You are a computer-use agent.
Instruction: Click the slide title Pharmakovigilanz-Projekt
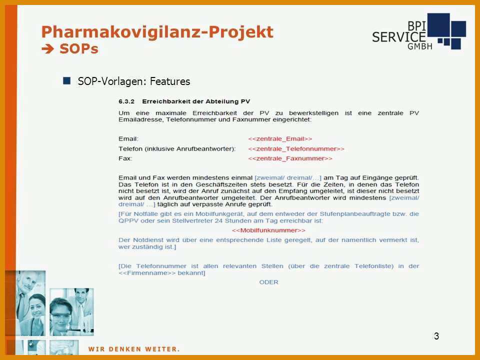157,32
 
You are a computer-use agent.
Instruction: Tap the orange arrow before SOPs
48,49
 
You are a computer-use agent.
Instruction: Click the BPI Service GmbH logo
419,31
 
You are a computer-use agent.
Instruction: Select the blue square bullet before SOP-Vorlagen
66,81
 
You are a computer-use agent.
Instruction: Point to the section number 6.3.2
126,101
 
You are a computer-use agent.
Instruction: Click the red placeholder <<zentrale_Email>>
280,139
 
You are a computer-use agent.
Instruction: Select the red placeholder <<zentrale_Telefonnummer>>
296,149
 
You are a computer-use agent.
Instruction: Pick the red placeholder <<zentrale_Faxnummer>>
290,158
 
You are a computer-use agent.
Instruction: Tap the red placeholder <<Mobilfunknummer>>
268,230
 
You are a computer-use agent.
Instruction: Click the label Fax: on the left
125,158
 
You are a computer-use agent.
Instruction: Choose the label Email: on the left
128,139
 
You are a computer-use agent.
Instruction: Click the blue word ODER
269,282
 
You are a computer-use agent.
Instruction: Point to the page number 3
436,336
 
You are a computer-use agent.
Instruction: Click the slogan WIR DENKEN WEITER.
134,349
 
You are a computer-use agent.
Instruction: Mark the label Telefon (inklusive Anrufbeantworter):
177,149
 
